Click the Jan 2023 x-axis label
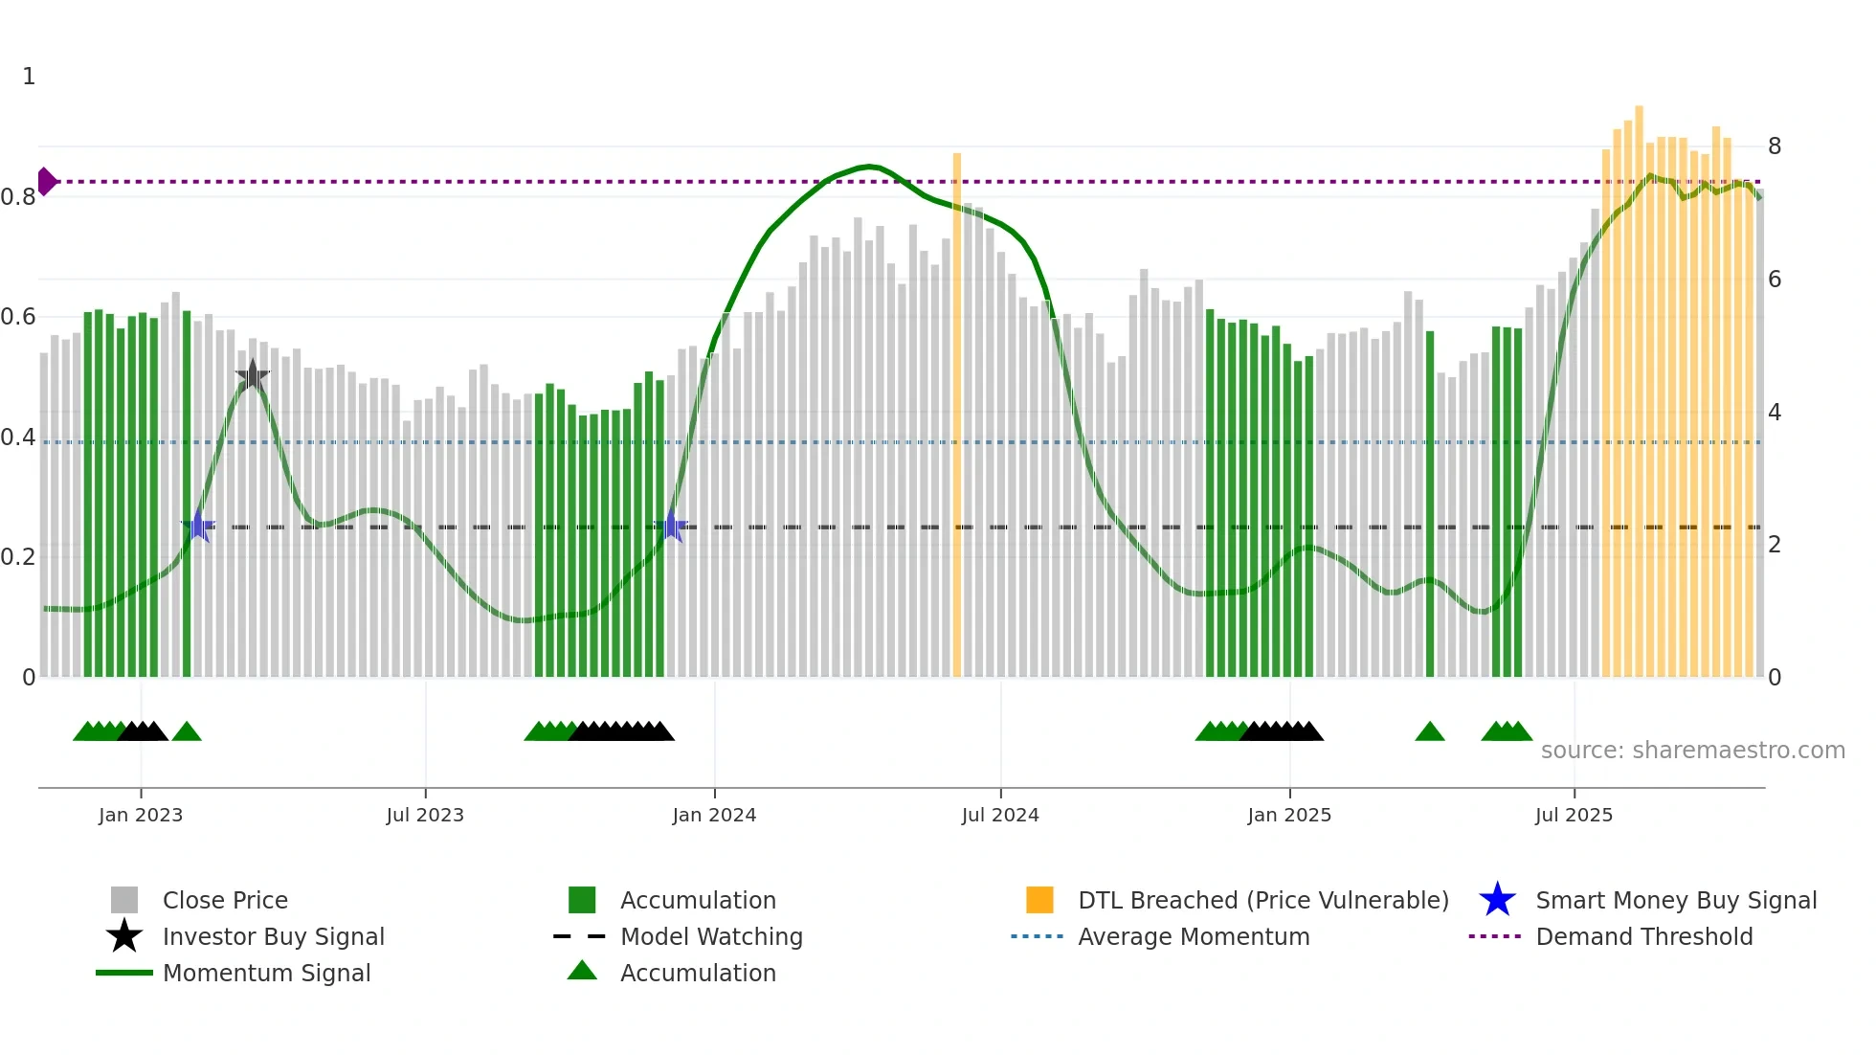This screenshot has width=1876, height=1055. click(x=140, y=815)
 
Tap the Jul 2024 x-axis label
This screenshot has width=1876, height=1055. click(x=1000, y=815)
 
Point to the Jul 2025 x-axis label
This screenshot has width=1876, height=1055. click(x=1574, y=815)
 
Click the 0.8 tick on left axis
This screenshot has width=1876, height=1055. click(x=18, y=197)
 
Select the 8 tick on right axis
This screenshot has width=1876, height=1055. click(x=1775, y=146)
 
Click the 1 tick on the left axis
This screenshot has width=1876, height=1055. click(x=29, y=77)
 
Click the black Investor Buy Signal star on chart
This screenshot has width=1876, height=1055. click(x=252, y=376)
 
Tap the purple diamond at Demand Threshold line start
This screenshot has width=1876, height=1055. click(x=46, y=181)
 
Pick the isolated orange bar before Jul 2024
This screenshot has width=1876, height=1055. click(x=956, y=412)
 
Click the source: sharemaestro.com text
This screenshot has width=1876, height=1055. click(x=1692, y=751)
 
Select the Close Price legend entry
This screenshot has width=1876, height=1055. click(x=225, y=900)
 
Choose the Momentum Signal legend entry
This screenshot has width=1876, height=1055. click(x=266, y=973)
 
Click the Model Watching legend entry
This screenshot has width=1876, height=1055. click(x=711, y=936)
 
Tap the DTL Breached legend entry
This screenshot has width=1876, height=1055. click(x=1262, y=900)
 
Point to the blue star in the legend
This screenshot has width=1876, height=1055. click(x=1497, y=900)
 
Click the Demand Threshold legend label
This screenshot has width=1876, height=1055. click(x=1643, y=936)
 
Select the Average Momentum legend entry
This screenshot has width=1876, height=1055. click(x=1193, y=936)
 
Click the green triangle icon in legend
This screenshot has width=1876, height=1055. click(x=582, y=972)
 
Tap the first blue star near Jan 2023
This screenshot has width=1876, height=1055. click(x=198, y=526)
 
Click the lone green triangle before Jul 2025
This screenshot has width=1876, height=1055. click(x=1429, y=732)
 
